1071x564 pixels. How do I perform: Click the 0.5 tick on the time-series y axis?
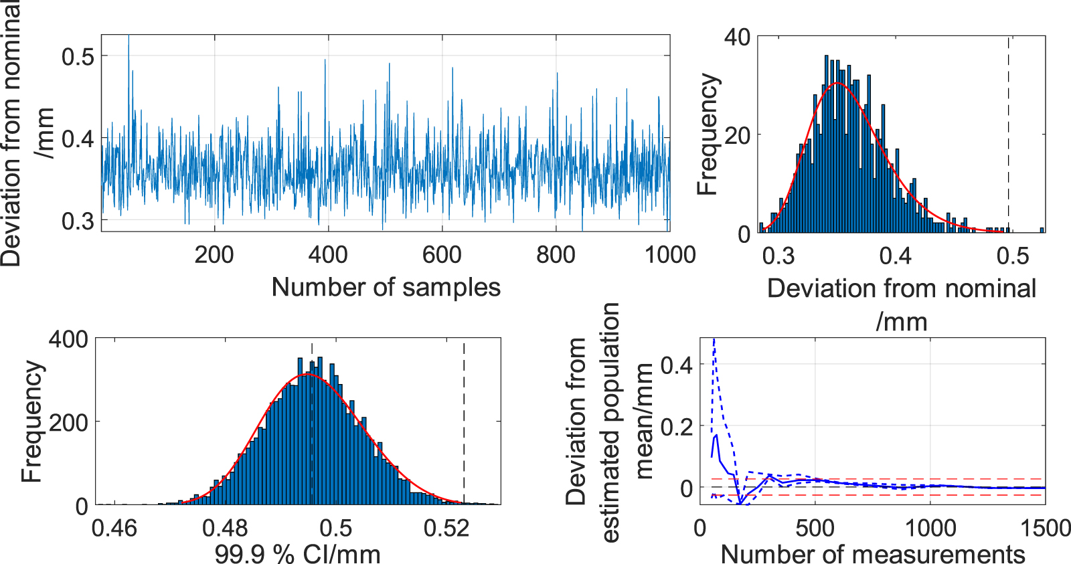78,57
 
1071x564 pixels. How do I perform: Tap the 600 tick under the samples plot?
442,255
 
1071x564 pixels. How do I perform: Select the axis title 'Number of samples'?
386,288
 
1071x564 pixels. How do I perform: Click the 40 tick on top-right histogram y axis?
737,37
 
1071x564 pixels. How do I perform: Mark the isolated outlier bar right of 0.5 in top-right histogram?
1042,229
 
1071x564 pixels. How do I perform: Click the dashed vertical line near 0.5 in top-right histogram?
1009,134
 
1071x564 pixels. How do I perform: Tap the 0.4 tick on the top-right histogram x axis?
896,256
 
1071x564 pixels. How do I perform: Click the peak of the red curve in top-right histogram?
836,84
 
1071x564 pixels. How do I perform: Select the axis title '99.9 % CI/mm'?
297,554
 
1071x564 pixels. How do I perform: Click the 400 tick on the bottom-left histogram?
68,339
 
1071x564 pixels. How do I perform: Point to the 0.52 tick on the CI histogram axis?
446,528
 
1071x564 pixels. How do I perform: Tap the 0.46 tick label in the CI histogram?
114,528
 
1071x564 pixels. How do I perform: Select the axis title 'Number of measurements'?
872,554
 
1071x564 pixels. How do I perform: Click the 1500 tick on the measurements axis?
1045,528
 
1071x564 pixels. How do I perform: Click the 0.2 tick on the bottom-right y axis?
677,426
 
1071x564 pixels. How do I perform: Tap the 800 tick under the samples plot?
556,255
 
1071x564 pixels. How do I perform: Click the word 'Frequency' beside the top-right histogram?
708,134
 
